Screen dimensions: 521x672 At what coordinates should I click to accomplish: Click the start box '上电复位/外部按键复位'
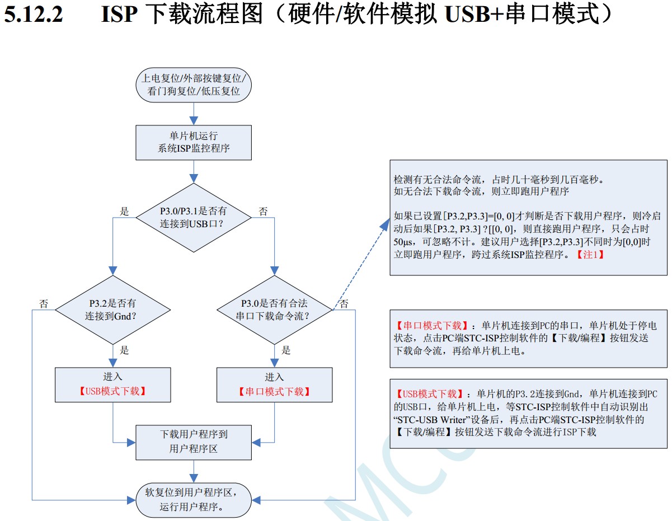194,85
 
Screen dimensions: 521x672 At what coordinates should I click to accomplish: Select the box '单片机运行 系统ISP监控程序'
194,142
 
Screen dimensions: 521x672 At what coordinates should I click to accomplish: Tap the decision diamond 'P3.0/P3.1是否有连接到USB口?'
194,217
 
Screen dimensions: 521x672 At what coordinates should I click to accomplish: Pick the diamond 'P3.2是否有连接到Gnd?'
113,309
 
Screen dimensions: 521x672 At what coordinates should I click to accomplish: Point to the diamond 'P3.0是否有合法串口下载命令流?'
275,309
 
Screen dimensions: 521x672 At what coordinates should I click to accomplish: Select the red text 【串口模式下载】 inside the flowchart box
274,391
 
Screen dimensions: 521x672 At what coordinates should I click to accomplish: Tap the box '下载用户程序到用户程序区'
194,442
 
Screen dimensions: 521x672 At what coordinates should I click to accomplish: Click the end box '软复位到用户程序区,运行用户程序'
194,500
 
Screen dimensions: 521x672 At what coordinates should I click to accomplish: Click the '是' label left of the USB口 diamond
125,212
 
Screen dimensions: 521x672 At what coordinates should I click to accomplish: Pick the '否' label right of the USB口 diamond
263,212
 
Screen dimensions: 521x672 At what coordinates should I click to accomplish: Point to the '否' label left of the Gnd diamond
44,304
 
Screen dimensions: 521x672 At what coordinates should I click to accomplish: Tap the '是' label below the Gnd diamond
124,350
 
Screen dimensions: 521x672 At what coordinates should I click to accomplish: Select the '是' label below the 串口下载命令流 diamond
286,350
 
